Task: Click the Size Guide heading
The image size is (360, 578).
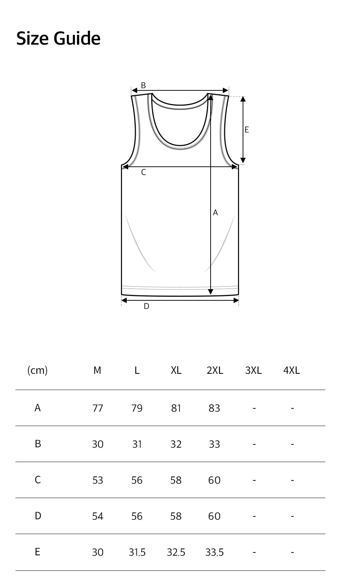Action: (x=58, y=38)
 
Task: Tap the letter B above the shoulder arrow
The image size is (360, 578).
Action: (x=143, y=85)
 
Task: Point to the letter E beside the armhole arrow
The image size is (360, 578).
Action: (x=247, y=130)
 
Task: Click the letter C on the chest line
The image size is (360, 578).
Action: (x=143, y=172)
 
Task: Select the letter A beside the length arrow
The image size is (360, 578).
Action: (x=215, y=213)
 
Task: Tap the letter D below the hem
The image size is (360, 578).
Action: (x=146, y=306)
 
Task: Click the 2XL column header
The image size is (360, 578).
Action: (x=215, y=370)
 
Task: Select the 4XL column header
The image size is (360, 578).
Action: (x=292, y=370)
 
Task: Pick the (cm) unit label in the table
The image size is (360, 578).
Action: (x=37, y=370)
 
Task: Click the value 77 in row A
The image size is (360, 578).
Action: (x=98, y=408)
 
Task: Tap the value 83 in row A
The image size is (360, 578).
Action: (x=214, y=408)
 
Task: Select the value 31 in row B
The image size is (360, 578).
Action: (x=137, y=444)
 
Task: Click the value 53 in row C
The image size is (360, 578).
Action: (x=98, y=480)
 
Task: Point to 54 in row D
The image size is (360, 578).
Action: (x=98, y=516)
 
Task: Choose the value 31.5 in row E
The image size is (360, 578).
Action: (x=137, y=552)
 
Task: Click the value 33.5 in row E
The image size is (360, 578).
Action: (x=215, y=552)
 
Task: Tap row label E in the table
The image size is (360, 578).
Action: (x=37, y=552)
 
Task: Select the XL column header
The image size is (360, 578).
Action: (x=176, y=370)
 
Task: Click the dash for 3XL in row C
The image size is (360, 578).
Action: (x=254, y=480)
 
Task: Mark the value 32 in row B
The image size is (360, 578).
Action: (x=176, y=444)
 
